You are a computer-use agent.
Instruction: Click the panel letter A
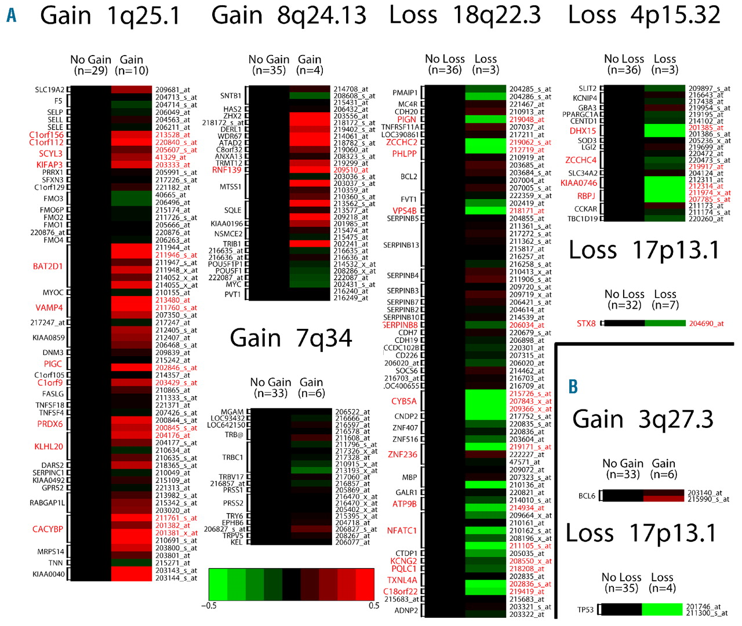tap(11, 15)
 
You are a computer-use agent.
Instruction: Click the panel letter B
tap(573, 386)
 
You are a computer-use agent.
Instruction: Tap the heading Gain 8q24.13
tap(289, 15)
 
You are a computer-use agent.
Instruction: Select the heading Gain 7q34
tap(291, 338)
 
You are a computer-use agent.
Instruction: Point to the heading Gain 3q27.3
tap(643, 419)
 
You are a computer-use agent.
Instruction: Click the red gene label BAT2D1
tap(48, 266)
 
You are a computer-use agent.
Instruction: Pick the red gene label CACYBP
tap(48, 529)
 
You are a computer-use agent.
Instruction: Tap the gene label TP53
tap(585, 610)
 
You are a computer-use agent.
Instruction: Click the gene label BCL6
tap(587, 496)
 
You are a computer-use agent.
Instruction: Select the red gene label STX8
tap(586, 323)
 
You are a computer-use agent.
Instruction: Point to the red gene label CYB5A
tap(403, 401)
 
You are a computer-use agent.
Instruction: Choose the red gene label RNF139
tap(227, 170)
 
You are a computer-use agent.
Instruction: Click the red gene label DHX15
tap(583, 131)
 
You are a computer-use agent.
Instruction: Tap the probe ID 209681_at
tap(172, 90)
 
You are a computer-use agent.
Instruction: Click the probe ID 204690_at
tap(706, 323)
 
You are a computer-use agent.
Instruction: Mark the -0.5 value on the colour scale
tap(209, 606)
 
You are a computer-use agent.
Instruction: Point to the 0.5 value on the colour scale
tap(374, 606)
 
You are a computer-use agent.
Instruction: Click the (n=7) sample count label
tap(665, 305)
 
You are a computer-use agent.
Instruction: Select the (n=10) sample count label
tap(132, 71)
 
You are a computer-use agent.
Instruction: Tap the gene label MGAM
tap(232, 412)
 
